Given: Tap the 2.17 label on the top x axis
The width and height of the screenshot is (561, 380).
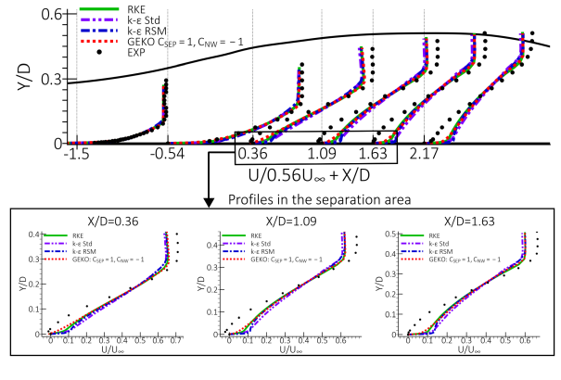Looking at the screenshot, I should coord(424,155).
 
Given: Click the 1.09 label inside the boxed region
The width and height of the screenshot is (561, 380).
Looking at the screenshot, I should coord(321,155).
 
